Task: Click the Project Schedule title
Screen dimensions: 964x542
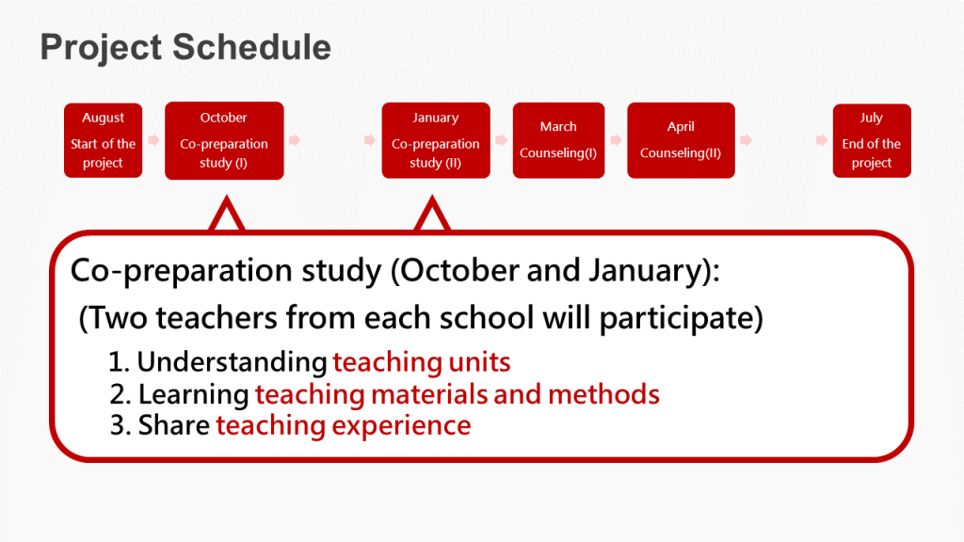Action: tap(185, 48)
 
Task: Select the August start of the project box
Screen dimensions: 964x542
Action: tap(104, 140)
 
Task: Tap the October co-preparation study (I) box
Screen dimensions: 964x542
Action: tap(224, 140)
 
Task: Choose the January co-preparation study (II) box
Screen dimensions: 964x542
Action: tap(436, 140)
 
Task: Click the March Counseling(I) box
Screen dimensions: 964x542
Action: tap(559, 140)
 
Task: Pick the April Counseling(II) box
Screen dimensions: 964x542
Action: tap(682, 140)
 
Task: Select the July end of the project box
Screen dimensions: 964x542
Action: tap(872, 140)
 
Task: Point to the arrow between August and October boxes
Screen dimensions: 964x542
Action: tap(153, 140)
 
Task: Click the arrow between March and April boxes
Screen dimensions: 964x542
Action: tap(616, 140)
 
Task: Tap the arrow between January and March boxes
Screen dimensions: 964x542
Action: tap(502, 140)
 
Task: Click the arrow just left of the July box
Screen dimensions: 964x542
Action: tap(821, 140)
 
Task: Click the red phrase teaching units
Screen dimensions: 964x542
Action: tap(422, 362)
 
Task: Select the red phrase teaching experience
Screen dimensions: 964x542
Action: tap(344, 426)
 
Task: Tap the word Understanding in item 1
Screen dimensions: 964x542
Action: tap(232, 362)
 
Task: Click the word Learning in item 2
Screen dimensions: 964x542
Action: tap(194, 394)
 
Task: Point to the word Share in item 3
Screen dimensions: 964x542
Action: tap(174, 425)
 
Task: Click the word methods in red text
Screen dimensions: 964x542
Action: tap(603, 394)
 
